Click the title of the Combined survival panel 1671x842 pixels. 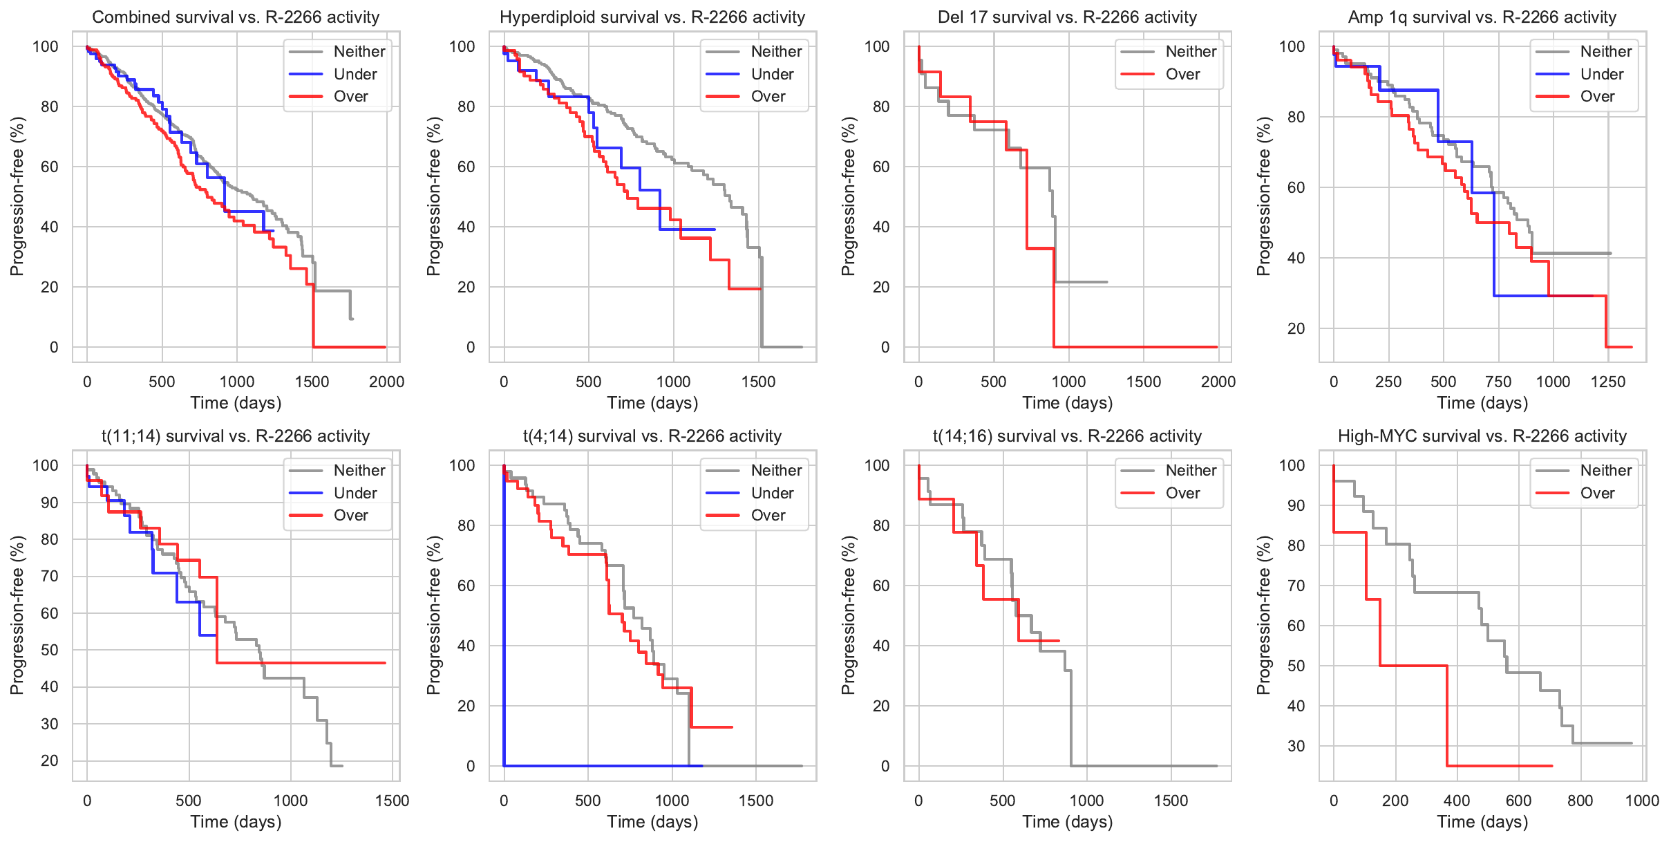[236, 17]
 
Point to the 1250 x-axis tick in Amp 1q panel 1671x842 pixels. [1608, 382]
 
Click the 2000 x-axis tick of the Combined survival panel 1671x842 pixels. [386, 382]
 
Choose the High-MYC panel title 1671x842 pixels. [1482, 436]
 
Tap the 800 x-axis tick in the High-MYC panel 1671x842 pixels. [1580, 801]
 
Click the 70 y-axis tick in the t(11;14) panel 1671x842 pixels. [50, 576]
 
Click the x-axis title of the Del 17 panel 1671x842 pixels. [1067, 403]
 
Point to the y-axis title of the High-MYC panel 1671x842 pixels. [1264, 615]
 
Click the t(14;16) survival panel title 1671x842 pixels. [1067, 436]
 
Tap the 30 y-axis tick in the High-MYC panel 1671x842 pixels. [1296, 746]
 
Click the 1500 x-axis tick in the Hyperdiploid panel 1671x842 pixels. [758, 382]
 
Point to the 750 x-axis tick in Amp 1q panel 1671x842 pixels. [1498, 382]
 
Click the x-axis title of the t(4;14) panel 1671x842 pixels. [652, 822]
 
